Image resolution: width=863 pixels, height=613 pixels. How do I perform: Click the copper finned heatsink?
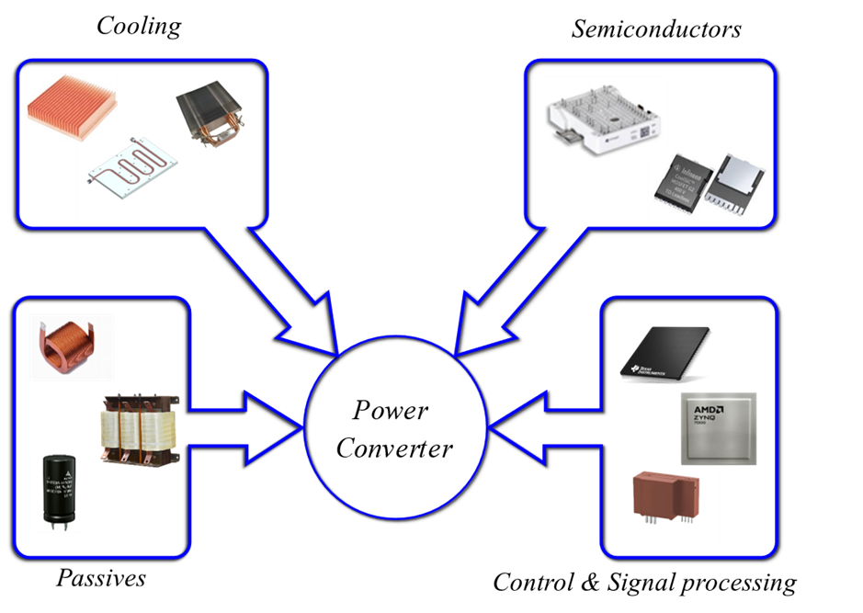(x=70, y=108)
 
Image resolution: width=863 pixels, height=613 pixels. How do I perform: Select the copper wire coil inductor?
(x=70, y=346)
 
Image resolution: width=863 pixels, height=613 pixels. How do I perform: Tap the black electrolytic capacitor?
(x=57, y=491)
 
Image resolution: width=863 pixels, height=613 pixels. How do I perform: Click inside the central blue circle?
(x=395, y=426)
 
